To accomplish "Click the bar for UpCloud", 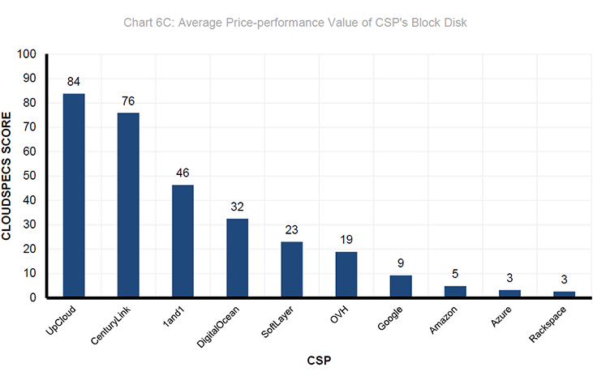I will tap(74, 195).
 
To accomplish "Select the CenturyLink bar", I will tap(128, 205).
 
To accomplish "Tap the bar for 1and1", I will tap(183, 241).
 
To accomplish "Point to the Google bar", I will tap(401, 287).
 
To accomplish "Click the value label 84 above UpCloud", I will tap(74, 82).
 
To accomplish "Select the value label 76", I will tap(128, 101).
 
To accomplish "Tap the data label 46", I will tap(183, 173).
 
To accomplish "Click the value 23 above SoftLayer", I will tap(291, 230).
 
